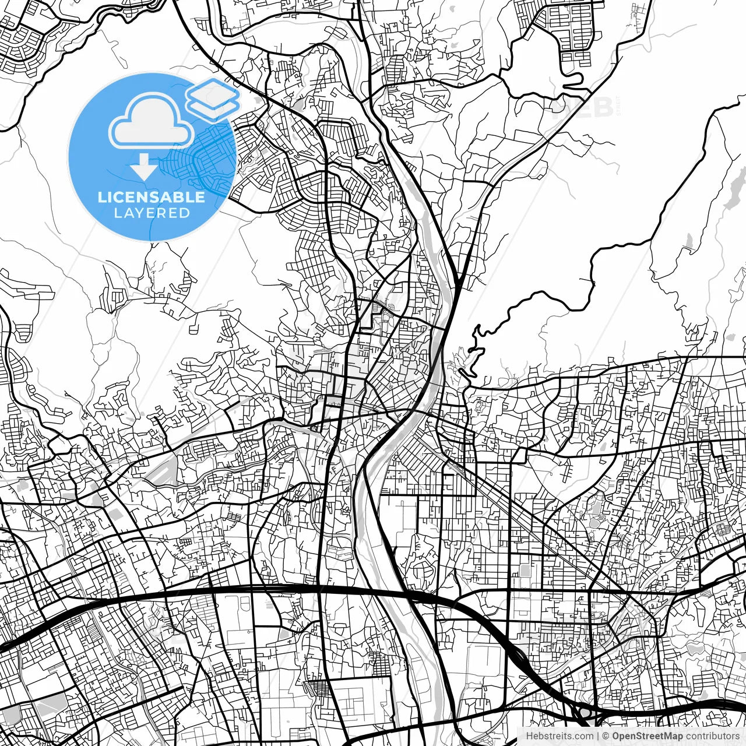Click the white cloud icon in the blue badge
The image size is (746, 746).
[151, 121]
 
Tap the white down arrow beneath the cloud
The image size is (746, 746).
[143, 166]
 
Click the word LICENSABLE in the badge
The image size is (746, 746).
[152, 197]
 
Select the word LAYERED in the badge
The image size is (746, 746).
[152, 213]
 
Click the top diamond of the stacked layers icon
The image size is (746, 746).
[213, 92]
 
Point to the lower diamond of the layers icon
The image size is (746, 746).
[213, 106]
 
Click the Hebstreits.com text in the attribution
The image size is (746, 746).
[559, 736]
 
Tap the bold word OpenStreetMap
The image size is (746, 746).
[648, 736]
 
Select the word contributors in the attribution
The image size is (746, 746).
[712, 736]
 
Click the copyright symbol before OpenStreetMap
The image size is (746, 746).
[606, 736]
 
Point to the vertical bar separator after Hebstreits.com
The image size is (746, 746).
[598, 736]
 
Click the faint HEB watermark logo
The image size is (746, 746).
[583, 107]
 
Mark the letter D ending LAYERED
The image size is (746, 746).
[185, 213]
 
